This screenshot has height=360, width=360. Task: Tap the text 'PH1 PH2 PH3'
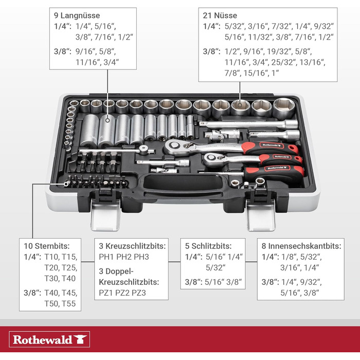[x=123, y=256]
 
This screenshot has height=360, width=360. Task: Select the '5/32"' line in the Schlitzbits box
[x=214, y=267]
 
